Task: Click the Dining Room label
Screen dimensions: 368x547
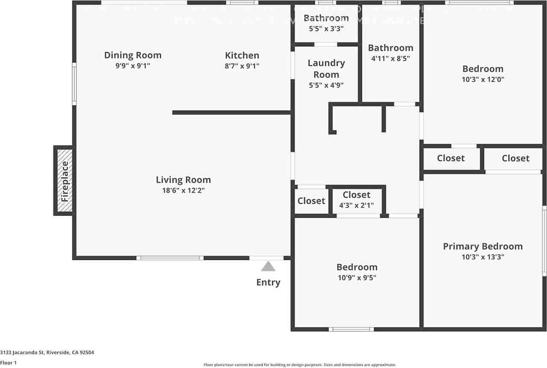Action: pos(133,55)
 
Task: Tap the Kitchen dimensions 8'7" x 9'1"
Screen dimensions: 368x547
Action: pos(242,66)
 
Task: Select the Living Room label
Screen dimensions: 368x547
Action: pos(183,180)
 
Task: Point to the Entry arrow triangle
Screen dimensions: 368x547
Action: pos(268,267)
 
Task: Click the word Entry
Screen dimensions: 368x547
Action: pos(268,283)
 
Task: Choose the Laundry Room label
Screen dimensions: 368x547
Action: pos(326,69)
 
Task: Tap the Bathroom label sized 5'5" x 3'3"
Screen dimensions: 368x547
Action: pos(326,18)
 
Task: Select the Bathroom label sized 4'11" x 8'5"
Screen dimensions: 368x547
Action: pos(391,48)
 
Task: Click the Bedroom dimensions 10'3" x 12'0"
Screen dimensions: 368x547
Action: pos(483,79)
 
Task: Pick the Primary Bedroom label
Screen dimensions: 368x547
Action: pos(482,246)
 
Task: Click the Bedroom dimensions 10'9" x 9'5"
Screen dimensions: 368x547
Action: pos(357,278)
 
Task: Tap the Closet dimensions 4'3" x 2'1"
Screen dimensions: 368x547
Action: pos(356,206)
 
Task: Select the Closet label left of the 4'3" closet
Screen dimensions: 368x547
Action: pos(311,201)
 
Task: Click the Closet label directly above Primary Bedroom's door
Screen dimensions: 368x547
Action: pos(515,158)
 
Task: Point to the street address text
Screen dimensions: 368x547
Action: pos(47,353)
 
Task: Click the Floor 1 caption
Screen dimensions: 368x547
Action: pos(9,363)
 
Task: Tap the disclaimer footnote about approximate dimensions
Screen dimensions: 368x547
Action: pos(300,365)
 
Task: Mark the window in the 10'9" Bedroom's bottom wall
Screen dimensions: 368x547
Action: pos(351,329)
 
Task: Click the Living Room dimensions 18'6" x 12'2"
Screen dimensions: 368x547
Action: pos(183,191)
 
